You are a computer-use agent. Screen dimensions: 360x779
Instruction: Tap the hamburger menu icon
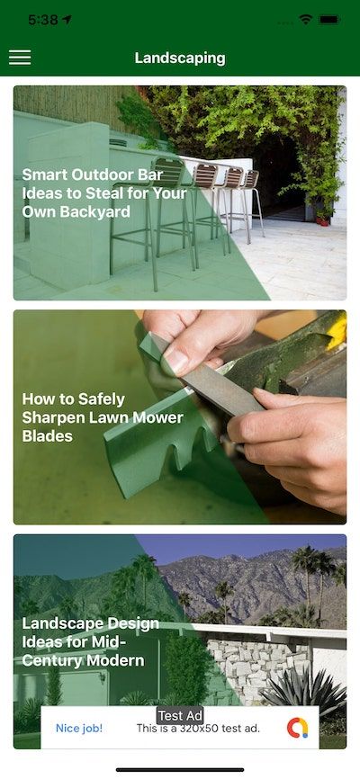coord(20,58)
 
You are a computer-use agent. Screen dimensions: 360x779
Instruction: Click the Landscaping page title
coord(180,58)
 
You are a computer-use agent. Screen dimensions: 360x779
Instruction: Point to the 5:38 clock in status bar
coord(43,20)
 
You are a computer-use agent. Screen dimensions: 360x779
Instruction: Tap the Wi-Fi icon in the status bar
coord(305,20)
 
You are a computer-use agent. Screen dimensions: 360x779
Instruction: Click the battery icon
coord(329,20)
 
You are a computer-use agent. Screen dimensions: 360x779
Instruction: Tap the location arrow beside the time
coord(67,20)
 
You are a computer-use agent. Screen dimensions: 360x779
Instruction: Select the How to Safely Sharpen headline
coord(103,417)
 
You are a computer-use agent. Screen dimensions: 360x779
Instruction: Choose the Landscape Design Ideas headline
coord(91,642)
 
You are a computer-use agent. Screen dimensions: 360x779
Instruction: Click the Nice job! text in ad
coord(79,729)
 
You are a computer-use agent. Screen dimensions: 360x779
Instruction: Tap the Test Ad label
coord(180,715)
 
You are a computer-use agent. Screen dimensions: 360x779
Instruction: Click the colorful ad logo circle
coord(297,728)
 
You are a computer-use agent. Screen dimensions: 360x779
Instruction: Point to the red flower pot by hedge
coord(323,220)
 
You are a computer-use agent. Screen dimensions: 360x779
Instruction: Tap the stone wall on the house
coord(257,667)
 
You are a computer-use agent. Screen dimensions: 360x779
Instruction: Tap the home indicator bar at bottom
coord(180,770)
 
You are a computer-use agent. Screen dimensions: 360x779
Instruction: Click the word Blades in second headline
coord(47,435)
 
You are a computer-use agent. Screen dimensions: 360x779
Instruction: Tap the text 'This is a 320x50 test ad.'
coord(198,729)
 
